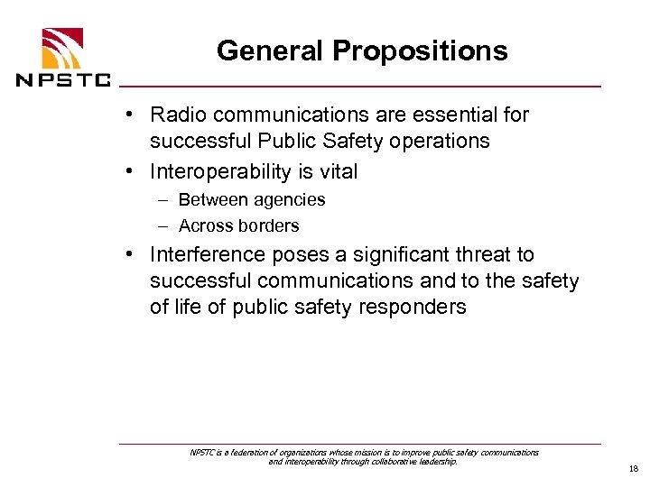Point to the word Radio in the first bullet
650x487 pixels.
(176, 115)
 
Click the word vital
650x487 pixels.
(336, 171)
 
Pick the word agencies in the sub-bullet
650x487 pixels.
(290, 200)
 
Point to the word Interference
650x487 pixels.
(202, 256)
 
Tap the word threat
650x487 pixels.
(477, 256)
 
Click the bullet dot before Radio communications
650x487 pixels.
(132, 115)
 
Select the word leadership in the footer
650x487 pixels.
(434, 462)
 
